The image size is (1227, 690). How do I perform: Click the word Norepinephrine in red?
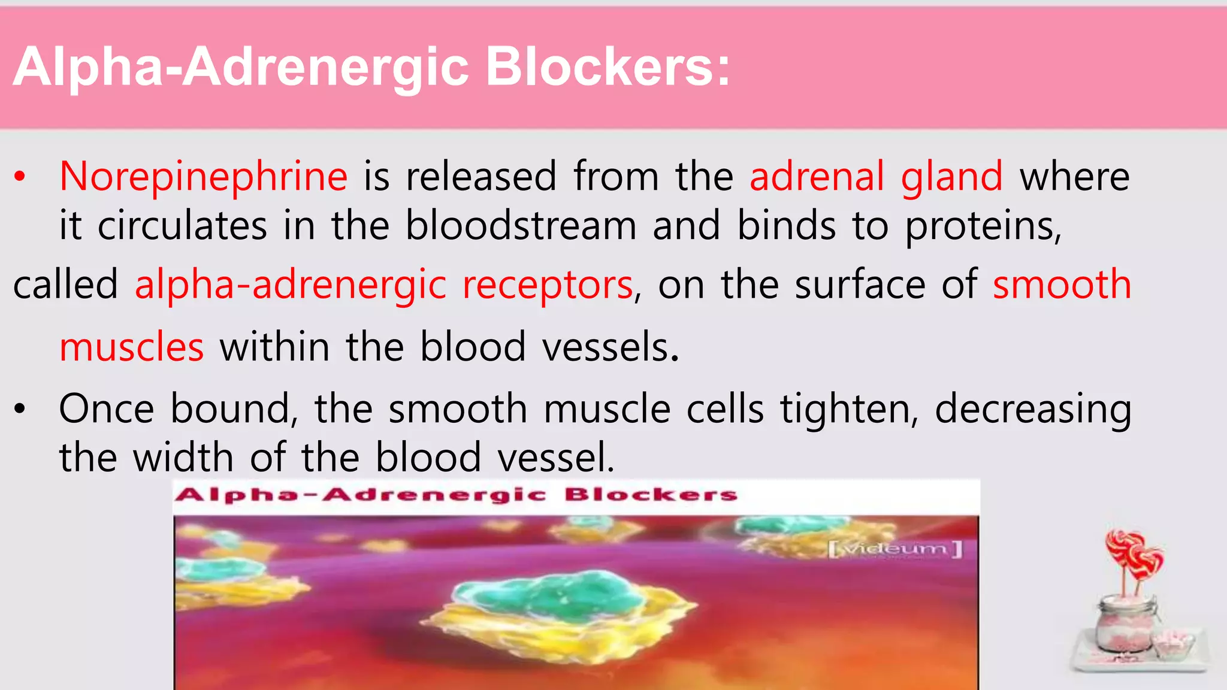[203, 177]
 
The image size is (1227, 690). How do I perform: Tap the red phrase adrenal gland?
[876, 177]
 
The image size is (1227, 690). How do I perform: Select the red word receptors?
[548, 285]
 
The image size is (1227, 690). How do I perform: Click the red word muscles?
[132, 347]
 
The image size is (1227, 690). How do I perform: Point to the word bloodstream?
[521, 226]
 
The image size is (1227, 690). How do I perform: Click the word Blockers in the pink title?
[608, 66]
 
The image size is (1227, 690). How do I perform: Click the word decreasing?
[1033, 410]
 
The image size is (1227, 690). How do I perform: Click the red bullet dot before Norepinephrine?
[20, 177]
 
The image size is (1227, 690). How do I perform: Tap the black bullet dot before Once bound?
[20, 410]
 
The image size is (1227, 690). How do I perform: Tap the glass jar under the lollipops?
[1124, 629]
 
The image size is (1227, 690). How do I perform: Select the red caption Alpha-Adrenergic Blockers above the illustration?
[455, 495]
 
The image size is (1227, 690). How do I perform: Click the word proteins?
[983, 226]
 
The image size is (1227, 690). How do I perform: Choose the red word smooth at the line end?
[1062, 285]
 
